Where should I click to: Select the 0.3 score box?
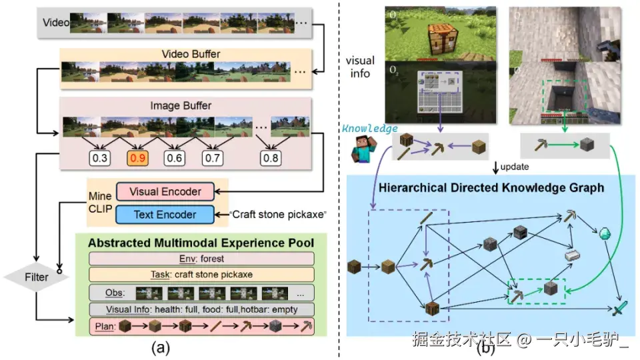[x=101, y=158]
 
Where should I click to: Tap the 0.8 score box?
[x=271, y=158]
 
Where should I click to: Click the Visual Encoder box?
[x=165, y=192]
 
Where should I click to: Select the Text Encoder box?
[x=165, y=215]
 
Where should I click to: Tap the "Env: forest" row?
[x=201, y=259]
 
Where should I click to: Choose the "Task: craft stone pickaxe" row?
[x=201, y=275]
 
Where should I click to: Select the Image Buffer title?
[x=181, y=105]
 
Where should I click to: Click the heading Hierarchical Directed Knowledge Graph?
[x=491, y=187]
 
